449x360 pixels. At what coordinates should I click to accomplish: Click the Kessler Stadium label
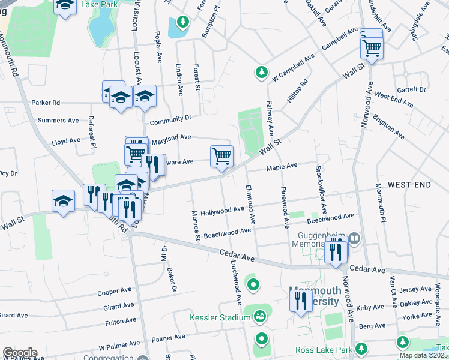[215, 317]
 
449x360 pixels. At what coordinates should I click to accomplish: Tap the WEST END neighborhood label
[409, 184]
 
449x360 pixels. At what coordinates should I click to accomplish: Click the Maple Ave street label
[282, 166]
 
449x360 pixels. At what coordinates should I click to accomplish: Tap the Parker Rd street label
[46, 103]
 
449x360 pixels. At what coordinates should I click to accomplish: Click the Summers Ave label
[58, 120]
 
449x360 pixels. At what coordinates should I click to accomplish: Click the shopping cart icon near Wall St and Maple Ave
[221, 157]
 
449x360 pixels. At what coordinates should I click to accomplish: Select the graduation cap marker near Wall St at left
[63, 202]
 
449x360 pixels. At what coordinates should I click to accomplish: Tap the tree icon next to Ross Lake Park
[361, 348]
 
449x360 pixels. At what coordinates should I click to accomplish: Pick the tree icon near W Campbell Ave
[261, 73]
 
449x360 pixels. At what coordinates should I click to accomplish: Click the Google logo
[20, 353]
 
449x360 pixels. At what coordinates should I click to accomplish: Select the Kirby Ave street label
[371, 307]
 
